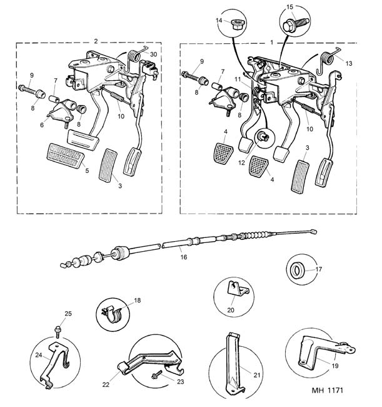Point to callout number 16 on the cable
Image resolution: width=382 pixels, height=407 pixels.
(x=183, y=256)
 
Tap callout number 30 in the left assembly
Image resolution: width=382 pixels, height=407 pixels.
(x=153, y=54)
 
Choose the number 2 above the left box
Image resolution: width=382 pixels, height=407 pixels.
(x=96, y=41)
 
